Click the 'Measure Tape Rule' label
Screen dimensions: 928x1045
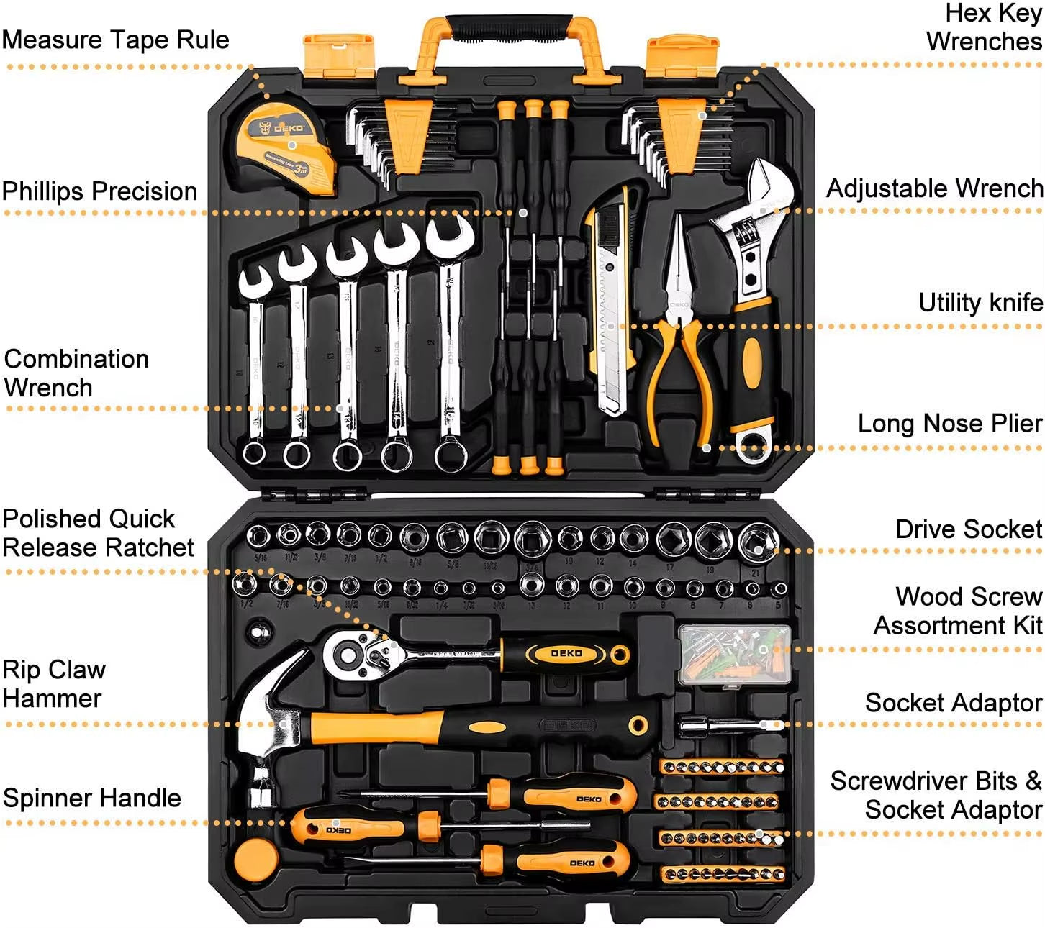tap(115, 40)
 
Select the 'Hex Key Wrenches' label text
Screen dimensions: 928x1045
tap(985, 27)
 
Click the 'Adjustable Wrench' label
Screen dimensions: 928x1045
tap(934, 188)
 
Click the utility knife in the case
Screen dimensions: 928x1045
tap(608, 302)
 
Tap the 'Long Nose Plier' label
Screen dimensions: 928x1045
tap(949, 423)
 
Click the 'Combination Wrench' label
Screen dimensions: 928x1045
tap(76, 373)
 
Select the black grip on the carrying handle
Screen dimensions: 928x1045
tap(508, 27)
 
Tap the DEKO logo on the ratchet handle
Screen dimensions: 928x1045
tap(566, 653)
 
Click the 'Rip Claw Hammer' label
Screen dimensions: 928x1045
tap(54, 683)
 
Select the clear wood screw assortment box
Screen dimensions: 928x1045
tap(734, 653)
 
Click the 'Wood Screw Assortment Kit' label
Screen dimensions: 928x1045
tap(957, 611)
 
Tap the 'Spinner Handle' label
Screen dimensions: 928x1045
tap(91, 798)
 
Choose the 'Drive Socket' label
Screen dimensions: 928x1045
tap(968, 529)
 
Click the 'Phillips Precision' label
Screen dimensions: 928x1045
tap(99, 191)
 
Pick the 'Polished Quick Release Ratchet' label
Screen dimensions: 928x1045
tap(98, 532)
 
